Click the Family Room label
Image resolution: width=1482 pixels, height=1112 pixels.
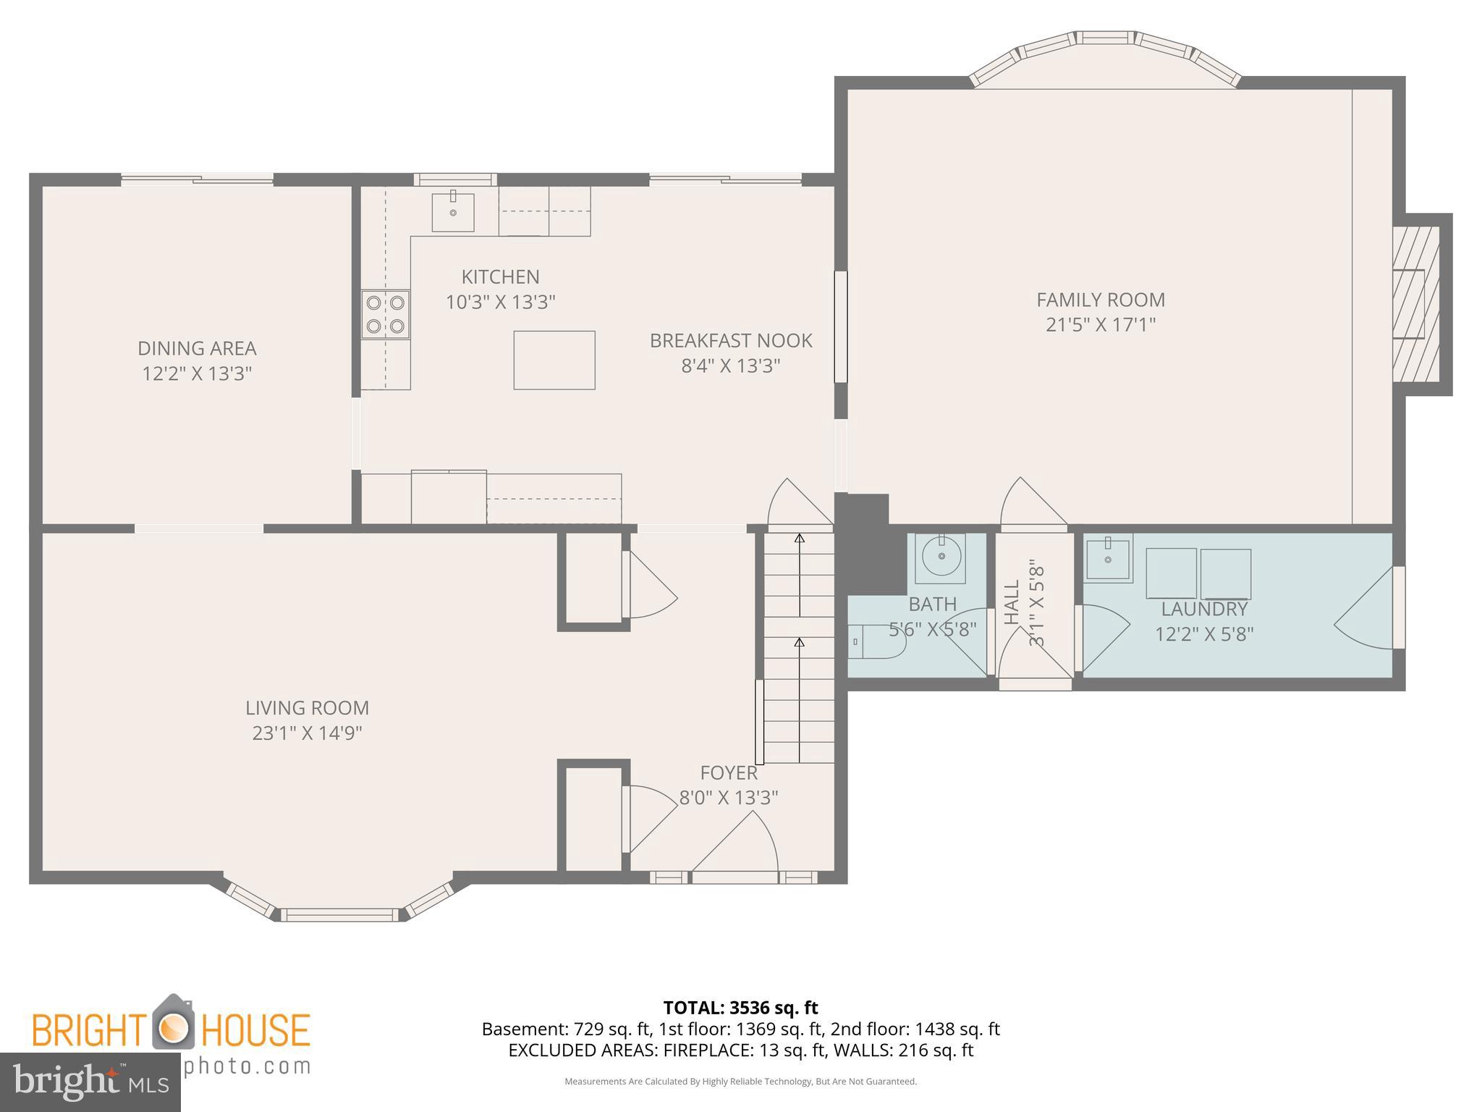pyautogui.click(x=1100, y=300)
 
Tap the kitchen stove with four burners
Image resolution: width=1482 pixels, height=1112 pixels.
pyautogui.click(x=385, y=314)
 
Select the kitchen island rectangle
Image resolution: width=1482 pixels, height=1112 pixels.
pyautogui.click(x=554, y=360)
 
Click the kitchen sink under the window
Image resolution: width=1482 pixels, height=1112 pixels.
pyautogui.click(x=453, y=212)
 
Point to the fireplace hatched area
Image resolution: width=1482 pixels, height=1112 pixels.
pyautogui.click(x=1415, y=304)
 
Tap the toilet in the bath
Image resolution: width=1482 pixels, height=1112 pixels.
pyautogui.click(x=876, y=641)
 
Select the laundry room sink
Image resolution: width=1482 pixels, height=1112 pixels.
pyautogui.click(x=1108, y=560)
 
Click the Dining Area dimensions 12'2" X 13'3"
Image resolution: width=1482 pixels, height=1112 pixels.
pyautogui.click(x=197, y=374)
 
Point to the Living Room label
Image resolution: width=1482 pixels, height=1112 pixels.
pyautogui.click(x=307, y=707)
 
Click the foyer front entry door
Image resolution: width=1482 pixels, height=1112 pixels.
pyautogui.click(x=734, y=877)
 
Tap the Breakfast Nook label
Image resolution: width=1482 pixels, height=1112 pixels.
pyautogui.click(x=730, y=340)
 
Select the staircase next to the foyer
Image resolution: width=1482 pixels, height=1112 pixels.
pyautogui.click(x=799, y=648)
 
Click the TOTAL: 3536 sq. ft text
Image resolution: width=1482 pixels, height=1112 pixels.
pyautogui.click(x=740, y=1008)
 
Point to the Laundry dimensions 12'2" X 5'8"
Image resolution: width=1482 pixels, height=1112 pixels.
pyautogui.click(x=1204, y=634)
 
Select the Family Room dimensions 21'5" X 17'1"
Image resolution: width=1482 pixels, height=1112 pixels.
pyautogui.click(x=1100, y=324)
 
